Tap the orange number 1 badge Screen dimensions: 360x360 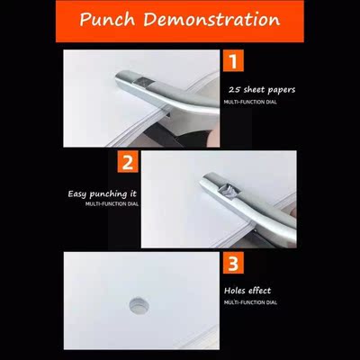[233, 63]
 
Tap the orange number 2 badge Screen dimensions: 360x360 [129, 163]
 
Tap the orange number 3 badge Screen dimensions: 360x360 [233, 265]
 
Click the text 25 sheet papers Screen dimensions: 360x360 [260, 91]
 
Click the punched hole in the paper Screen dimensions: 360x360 [140, 303]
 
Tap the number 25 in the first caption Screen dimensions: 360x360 [234, 91]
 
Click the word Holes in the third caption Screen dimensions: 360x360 [236, 291]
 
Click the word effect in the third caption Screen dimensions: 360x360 [259, 291]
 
